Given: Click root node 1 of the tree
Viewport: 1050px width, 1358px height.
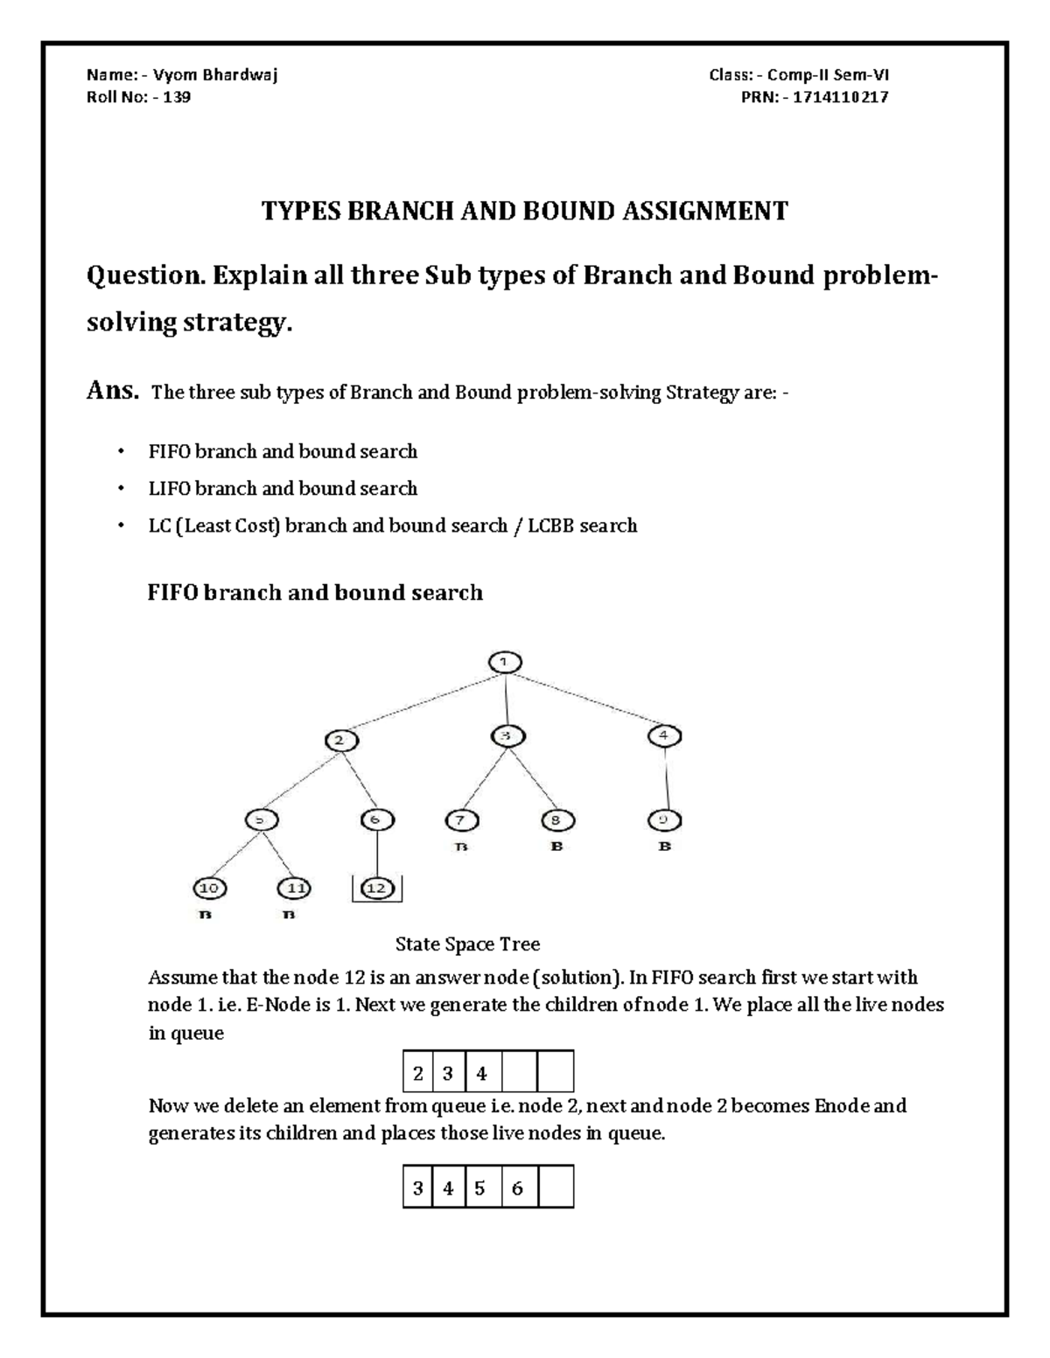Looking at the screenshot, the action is (504, 662).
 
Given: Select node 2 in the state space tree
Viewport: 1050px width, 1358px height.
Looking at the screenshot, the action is (342, 740).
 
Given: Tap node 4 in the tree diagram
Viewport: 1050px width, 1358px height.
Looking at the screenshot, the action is (664, 735).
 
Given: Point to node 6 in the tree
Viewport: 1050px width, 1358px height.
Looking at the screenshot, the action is (376, 820).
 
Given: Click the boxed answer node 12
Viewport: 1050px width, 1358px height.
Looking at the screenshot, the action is (376, 888).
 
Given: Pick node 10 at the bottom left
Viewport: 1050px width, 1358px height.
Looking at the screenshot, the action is (209, 888).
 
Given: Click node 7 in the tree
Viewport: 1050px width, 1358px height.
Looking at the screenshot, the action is (462, 820).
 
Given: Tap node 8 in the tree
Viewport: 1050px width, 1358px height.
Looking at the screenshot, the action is (556, 820).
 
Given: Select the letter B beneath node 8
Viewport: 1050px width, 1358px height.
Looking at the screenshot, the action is (556, 847).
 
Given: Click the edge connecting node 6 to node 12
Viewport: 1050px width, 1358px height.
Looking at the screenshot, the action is (376, 854).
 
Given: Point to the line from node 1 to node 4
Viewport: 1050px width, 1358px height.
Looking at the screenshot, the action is (586, 700).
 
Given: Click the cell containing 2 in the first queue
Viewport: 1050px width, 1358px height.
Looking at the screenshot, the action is (418, 1073).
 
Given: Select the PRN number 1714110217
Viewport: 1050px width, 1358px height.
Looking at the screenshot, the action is (840, 97).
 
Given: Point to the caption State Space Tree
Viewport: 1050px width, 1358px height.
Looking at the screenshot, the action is (467, 944).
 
